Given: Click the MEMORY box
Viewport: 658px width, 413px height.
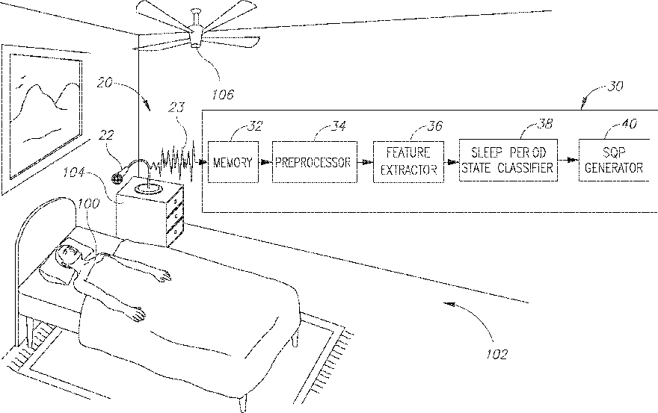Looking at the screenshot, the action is pos(233,162).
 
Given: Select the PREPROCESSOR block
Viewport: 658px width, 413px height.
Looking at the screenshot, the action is pos(315,162).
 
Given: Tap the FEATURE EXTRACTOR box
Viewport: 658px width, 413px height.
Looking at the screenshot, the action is pos(408,162).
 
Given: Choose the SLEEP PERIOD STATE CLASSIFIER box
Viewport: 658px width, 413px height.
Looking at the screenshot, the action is pos(508,160).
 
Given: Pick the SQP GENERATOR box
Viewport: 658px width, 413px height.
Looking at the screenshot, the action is pos(615,160).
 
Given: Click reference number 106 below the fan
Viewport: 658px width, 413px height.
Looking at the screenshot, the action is pos(222,95).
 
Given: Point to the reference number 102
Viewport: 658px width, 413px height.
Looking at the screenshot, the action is pos(496,354).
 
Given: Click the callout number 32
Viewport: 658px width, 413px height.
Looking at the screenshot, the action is pos(255,126).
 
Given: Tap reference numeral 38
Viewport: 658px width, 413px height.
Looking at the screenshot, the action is pos(545,124).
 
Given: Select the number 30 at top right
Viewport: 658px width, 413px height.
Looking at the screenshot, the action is pos(615,86).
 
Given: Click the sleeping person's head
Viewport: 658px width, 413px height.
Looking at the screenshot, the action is pos(67,255).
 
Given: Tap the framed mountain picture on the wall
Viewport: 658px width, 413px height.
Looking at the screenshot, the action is pos(46,118).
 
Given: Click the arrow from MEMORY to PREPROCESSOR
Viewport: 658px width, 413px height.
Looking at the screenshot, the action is pos(265,162).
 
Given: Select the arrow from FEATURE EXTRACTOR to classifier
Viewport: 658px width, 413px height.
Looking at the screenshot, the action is pos(452,161).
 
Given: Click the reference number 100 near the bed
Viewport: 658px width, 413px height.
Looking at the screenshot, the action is pos(88,203).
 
